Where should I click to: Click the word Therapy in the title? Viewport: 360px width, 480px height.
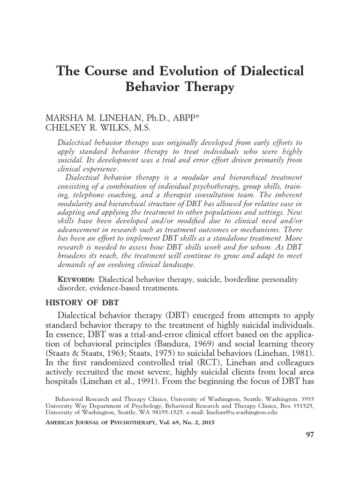pyautogui.click(x=205, y=88)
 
